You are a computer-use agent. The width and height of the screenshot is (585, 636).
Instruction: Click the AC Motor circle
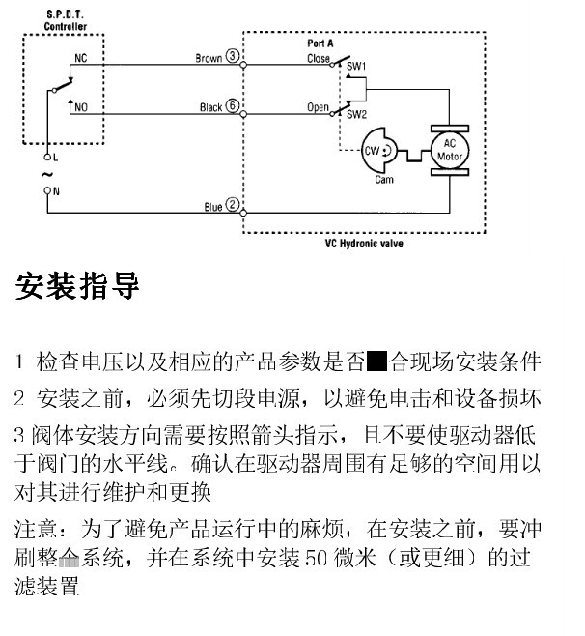pyautogui.click(x=450, y=151)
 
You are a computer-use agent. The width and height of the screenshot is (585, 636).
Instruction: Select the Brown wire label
pyautogui.click(x=209, y=58)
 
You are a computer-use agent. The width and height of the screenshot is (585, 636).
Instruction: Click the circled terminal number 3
pyautogui.click(x=233, y=58)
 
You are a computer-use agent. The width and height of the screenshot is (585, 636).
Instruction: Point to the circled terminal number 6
pyautogui.click(x=233, y=107)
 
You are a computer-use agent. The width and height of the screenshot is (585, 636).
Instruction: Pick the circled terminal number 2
pyautogui.click(x=233, y=206)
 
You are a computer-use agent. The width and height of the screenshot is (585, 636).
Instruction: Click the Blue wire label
pyautogui.click(x=212, y=207)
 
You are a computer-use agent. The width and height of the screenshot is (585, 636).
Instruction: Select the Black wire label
pyautogui.click(x=210, y=108)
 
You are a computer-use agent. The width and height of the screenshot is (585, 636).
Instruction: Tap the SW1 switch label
pyautogui.click(x=356, y=65)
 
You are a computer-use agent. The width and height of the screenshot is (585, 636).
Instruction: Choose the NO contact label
pyautogui.click(x=81, y=107)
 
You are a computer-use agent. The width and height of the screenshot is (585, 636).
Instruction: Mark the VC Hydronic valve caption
pyautogui.click(x=364, y=244)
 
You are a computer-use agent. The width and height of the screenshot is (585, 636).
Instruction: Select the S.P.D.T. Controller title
pyautogui.click(x=65, y=20)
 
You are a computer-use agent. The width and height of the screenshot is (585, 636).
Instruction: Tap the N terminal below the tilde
pyautogui.click(x=49, y=192)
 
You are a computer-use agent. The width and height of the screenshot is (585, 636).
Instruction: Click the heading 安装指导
pyautogui.click(x=78, y=286)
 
